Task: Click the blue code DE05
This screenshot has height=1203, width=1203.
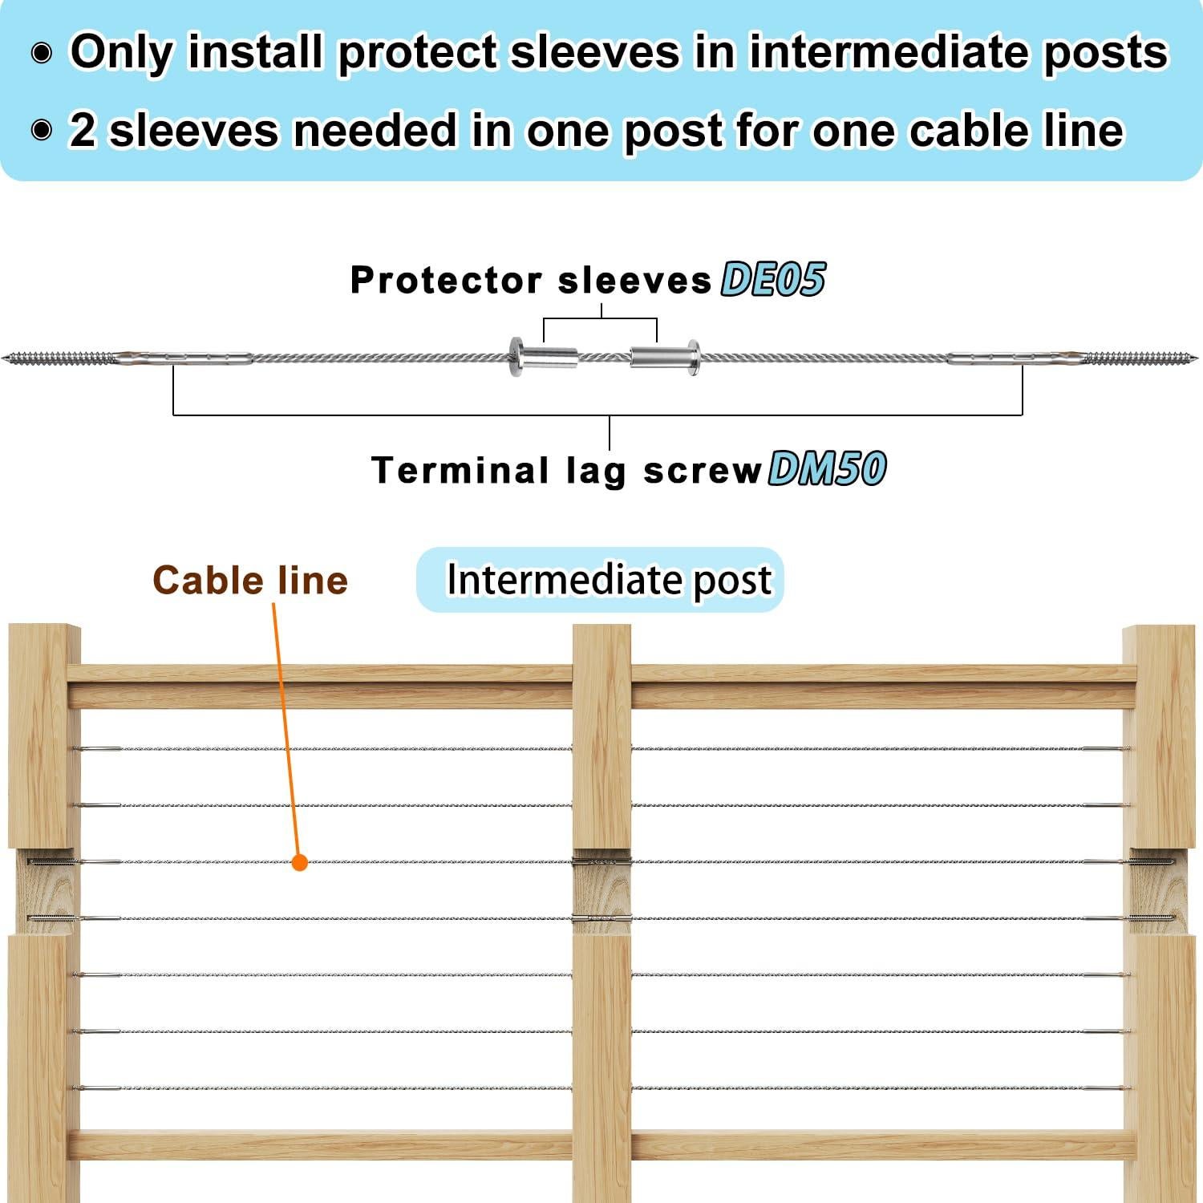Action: click(772, 280)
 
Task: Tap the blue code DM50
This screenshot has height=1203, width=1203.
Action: click(827, 469)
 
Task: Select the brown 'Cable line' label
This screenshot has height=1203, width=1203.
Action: click(250, 580)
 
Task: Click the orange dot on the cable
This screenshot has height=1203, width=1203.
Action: click(299, 863)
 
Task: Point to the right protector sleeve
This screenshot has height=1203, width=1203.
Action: click(665, 356)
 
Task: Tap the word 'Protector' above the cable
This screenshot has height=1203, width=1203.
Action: click(447, 281)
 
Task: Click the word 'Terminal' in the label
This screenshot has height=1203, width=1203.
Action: click(460, 470)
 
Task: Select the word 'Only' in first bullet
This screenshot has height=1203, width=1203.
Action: click(121, 52)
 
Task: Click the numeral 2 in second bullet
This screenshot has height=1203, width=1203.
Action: click(82, 130)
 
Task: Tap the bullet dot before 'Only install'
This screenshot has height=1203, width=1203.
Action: click(42, 54)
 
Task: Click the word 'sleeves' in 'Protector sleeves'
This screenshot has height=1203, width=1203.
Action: click(634, 281)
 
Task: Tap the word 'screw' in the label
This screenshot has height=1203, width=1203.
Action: click(702, 470)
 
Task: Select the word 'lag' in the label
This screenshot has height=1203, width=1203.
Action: click(595, 472)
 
